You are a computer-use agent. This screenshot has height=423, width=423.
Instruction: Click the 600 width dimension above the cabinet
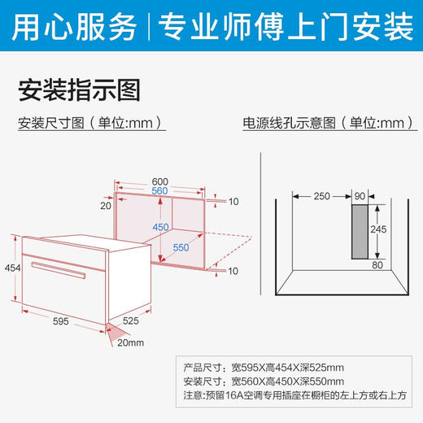(x=160, y=181)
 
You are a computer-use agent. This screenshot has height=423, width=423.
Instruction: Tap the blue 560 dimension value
(x=160, y=192)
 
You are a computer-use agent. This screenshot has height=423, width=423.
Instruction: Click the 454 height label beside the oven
(x=11, y=268)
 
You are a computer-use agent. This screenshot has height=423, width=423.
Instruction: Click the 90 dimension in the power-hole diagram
(x=360, y=196)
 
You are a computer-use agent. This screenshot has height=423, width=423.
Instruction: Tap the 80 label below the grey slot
(x=377, y=264)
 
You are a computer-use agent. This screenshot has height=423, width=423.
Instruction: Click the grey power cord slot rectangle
(x=360, y=231)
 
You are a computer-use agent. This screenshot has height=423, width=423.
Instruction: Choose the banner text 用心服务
(x=77, y=28)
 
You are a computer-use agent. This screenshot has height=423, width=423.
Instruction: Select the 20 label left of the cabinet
(x=105, y=206)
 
